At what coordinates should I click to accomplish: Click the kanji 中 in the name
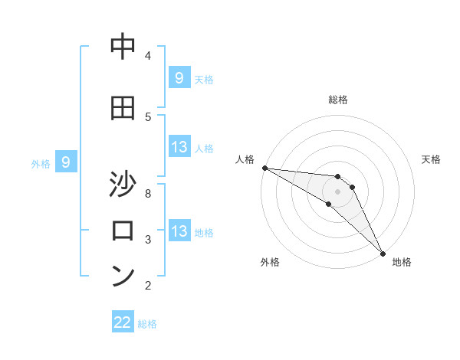coord(123,47)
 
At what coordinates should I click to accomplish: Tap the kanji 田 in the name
coord(123,108)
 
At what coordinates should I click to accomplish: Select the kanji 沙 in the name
coord(123,186)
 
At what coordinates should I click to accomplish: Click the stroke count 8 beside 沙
coord(148,193)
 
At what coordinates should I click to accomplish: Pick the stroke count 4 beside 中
coord(148,55)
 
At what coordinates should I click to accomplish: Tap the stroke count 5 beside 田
coord(148,116)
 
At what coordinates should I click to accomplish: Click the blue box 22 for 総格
coord(123,322)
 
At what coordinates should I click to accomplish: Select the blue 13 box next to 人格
coord(179,148)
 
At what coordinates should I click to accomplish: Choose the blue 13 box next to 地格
coord(179,232)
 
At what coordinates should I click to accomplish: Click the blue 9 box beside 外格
coord(67,162)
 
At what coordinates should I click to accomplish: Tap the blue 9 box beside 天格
coord(179,78)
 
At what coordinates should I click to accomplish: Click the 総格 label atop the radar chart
coord(338,100)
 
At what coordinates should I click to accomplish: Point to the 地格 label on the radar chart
coord(402,263)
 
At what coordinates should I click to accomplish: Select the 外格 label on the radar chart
coord(270,263)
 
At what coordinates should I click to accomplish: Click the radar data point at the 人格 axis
coord(264,168)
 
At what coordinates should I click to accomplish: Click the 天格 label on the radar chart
coord(431,159)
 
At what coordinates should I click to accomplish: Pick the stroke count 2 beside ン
coord(148,286)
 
